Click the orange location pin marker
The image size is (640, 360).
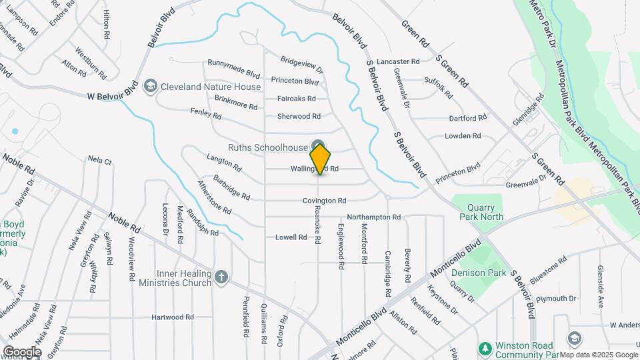coord(321,159)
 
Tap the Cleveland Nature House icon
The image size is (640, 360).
coord(151,87)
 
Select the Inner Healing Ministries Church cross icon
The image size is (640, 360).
coord(221,276)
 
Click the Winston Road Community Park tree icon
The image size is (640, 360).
coord(485,349)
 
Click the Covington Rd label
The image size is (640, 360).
coord(324,200)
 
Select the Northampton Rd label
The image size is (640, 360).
coord(373,217)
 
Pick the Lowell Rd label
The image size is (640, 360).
coord(291,237)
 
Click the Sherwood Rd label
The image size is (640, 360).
coord(299,116)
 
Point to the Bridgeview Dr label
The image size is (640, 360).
coord(301,65)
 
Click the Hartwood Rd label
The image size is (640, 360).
coord(172,317)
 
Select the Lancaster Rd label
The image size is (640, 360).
coord(397,61)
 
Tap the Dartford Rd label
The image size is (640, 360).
coord(467,118)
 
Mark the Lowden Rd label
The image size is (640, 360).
coord(463,136)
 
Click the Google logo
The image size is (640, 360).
coord(22,352)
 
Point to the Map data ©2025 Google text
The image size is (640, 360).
coord(598,355)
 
